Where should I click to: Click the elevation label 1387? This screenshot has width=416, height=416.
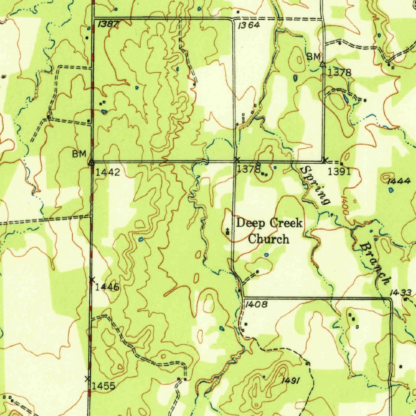point(108,24)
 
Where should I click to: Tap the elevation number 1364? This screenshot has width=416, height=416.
point(249,25)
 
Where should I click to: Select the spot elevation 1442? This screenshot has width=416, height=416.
point(108,172)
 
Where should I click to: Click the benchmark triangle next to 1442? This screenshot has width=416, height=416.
point(91,162)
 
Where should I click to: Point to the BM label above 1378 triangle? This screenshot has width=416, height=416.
point(314,56)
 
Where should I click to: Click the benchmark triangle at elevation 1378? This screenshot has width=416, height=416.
point(323,64)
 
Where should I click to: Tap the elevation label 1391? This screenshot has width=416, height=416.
point(339,171)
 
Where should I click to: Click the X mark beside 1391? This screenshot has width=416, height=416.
point(325,160)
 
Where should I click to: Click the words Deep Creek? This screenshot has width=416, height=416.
point(269,223)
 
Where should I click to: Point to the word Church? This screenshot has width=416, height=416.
point(269,239)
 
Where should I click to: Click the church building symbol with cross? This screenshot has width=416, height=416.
point(227,232)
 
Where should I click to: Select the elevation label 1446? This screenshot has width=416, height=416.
point(107,287)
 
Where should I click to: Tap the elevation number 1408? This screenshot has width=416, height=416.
point(256,304)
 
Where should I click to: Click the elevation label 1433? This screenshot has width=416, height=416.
point(401,292)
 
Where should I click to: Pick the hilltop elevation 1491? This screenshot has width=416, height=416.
point(291,380)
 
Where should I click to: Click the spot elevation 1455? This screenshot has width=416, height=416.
point(103,386)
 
